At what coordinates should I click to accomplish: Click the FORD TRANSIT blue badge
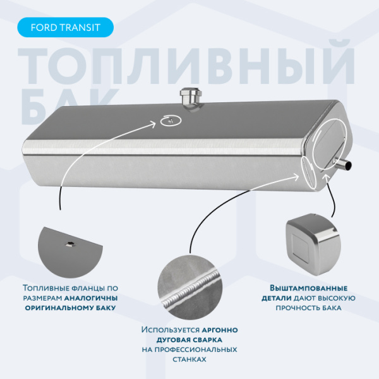pyautogui.click(x=65, y=27)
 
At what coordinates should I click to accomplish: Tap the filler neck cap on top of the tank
pyautogui.click(x=191, y=98)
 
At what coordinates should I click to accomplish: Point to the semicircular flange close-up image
pyautogui.click(x=70, y=252)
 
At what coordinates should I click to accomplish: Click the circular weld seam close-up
pyautogui.click(x=189, y=287)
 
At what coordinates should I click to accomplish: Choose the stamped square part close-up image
pyautogui.click(x=313, y=244)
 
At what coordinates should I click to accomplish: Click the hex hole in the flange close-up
pyautogui.click(x=70, y=244)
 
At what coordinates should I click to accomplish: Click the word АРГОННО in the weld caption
pyautogui.click(x=220, y=330)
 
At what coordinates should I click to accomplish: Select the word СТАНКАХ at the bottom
pyautogui.click(x=189, y=359)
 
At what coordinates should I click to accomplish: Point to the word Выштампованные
pyautogui.click(x=308, y=289)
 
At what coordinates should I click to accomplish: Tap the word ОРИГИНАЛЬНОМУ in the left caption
pyautogui.click(x=58, y=308)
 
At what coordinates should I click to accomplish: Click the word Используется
pyautogui.click(x=171, y=330)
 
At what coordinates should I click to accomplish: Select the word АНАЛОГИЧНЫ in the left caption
pyautogui.click(x=91, y=298)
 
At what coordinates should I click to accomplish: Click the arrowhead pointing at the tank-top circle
pyautogui.click(x=153, y=124)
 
